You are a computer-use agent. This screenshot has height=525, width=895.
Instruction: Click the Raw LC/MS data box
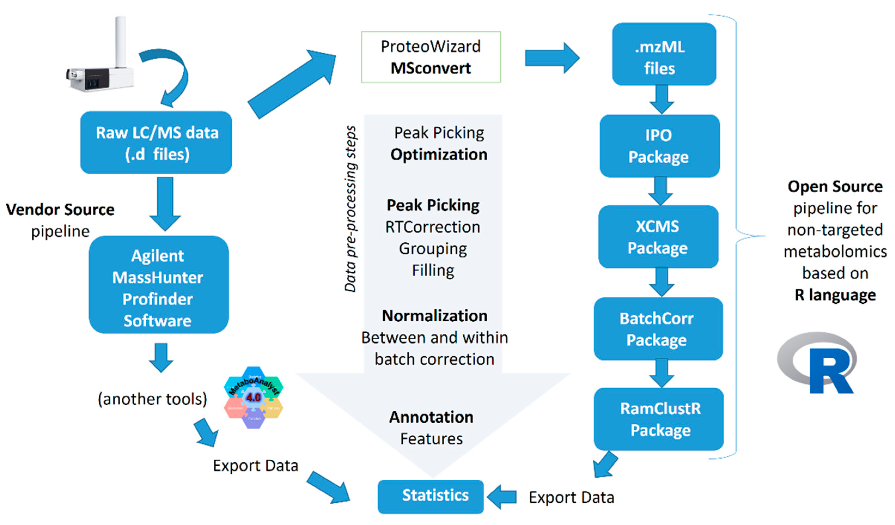pos(156,142)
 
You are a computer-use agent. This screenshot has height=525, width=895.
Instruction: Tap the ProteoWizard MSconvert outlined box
pos(431,57)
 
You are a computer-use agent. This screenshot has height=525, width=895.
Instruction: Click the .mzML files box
pos(664,54)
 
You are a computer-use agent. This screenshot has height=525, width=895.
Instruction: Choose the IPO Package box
pos(659,146)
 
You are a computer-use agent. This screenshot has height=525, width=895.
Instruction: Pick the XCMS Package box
pos(658,237)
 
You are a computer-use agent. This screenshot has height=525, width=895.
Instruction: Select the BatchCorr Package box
pos(658,329)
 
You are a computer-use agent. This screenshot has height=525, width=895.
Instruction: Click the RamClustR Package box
pos(659,419)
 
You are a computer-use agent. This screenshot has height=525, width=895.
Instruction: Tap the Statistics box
pos(430,496)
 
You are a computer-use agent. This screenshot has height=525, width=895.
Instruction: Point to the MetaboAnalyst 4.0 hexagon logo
pos(253,397)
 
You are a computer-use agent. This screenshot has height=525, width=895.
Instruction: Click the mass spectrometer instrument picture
pos(101,64)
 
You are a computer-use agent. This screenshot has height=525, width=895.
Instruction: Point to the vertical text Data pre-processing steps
pos(350,209)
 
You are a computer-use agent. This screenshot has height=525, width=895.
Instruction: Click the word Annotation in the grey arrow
pos(431,417)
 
